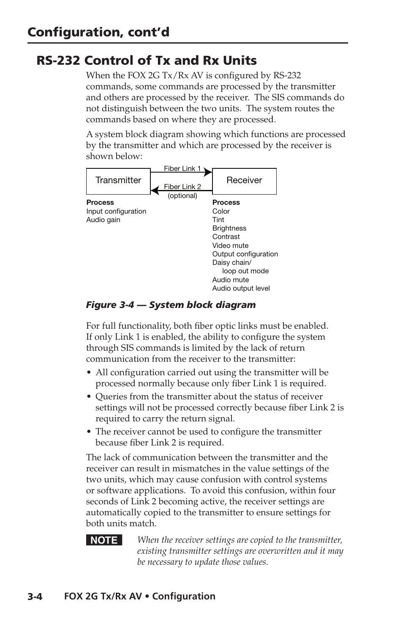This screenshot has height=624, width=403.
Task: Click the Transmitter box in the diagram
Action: coord(118,181)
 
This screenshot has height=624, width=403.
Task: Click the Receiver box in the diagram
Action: coord(244,181)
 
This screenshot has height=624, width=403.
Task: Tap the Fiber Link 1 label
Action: coord(182,168)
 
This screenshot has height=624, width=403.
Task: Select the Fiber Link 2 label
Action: coord(182,187)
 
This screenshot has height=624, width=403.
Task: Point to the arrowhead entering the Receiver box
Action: coord(208,172)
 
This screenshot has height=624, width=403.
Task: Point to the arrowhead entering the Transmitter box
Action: coord(155,190)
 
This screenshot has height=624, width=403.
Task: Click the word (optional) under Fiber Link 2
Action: coord(182,195)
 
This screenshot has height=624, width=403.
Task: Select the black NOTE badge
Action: coord(104,540)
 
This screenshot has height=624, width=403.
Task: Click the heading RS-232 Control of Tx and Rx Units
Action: coord(147,60)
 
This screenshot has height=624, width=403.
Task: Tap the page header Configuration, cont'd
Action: coord(98,32)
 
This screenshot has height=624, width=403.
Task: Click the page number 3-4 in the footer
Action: coord(35,597)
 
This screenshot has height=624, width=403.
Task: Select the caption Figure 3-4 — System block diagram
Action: coord(171,305)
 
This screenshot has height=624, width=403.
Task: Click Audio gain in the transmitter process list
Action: coord(103,220)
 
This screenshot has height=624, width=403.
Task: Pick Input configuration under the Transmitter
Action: coord(116,211)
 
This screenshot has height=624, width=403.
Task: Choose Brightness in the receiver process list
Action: coord(229,228)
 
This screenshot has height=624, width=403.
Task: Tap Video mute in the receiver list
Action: coord(230,245)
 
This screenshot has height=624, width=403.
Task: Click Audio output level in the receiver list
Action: coord(241,288)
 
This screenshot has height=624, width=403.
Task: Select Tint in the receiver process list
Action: coord(218,220)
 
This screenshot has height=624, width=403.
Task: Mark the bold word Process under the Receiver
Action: coord(226,202)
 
